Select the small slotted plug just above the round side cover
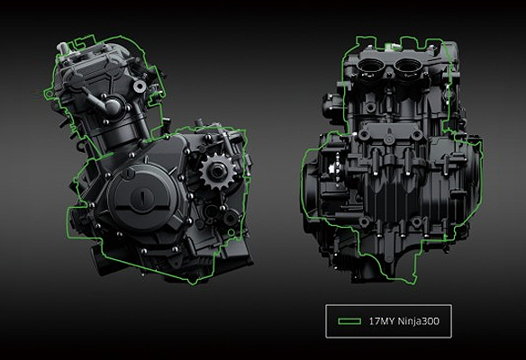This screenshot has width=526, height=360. tap(127, 174)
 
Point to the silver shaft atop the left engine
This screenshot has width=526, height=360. tap(62, 49)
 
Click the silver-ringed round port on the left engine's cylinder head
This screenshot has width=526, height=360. tap(140, 86)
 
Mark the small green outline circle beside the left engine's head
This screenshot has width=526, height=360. tap(49, 94)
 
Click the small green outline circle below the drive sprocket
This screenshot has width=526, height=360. tap(231, 232)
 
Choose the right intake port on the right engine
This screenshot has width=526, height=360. tap(407, 66)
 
